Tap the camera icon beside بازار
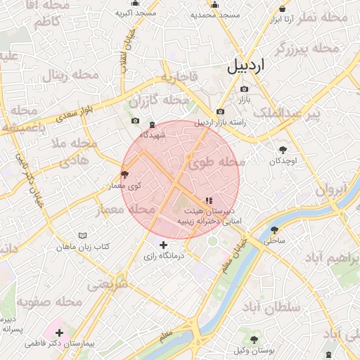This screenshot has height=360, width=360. (x=244, y=89)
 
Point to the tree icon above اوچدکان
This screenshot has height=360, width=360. (x=283, y=149)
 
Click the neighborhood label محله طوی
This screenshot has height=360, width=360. (x=216, y=163)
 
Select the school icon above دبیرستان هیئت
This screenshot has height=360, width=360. (x=208, y=200)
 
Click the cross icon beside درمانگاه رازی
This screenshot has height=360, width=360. (x=164, y=245)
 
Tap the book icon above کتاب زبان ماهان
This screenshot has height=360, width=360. (x=84, y=236)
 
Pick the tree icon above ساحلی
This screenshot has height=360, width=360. (x=274, y=229)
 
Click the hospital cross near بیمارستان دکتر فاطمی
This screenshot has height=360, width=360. (x=59, y=333)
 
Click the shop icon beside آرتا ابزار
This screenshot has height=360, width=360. (x=283, y=8)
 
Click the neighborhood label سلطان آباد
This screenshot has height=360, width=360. (x=271, y=307)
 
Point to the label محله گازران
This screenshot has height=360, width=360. (x=165, y=101)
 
